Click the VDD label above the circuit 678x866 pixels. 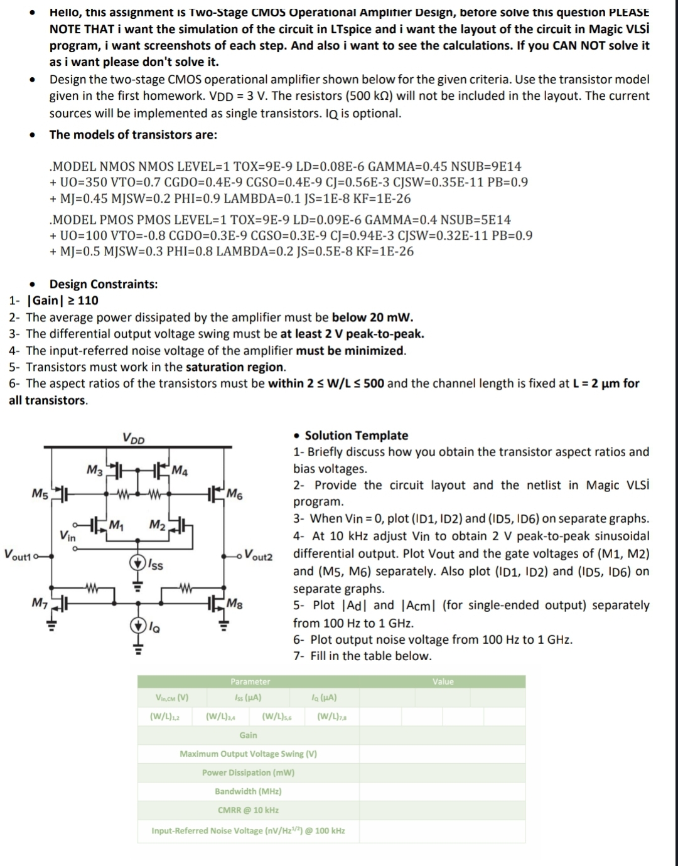[x=132, y=438]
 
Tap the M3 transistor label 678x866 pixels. [x=94, y=469]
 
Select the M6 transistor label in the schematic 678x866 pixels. [x=235, y=493]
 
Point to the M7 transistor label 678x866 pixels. [x=39, y=603]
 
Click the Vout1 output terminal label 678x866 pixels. [x=18, y=554]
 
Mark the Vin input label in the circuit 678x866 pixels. [x=68, y=536]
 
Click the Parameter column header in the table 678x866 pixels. [x=250, y=682]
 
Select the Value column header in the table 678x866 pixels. [x=443, y=682]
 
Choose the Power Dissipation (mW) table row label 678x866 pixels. [x=248, y=772]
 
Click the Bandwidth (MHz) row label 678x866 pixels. [x=248, y=791]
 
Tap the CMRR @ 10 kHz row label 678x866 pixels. [x=248, y=810]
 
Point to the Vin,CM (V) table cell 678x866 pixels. [x=171, y=697]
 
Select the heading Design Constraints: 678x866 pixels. [x=104, y=284]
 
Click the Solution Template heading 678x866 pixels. [x=356, y=435]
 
